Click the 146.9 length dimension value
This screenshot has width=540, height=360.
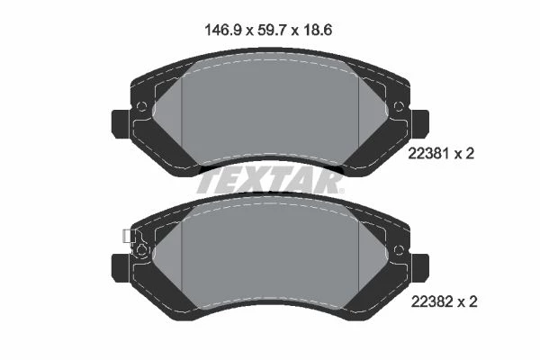223,30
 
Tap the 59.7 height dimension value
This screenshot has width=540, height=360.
273,30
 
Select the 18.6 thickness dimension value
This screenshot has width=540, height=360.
318,30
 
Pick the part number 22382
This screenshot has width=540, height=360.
432,301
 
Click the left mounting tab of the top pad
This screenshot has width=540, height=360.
121,124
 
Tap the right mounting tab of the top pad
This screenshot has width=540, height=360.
420,124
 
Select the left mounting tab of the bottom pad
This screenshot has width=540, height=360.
121,268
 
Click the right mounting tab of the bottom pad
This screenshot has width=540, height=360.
420,268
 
